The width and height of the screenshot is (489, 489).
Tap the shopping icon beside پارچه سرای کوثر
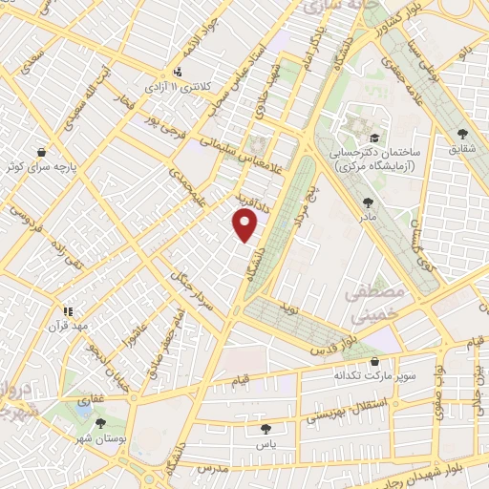pyautogui.click(x=41, y=152)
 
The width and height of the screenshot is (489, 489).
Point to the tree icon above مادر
pyautogui.click(x=368, y=202)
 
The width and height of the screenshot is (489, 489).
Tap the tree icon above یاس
pyautogui.click(x=266, y=430)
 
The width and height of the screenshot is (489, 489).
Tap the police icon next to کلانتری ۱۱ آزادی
pyautogui.click(x=178, y=72)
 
